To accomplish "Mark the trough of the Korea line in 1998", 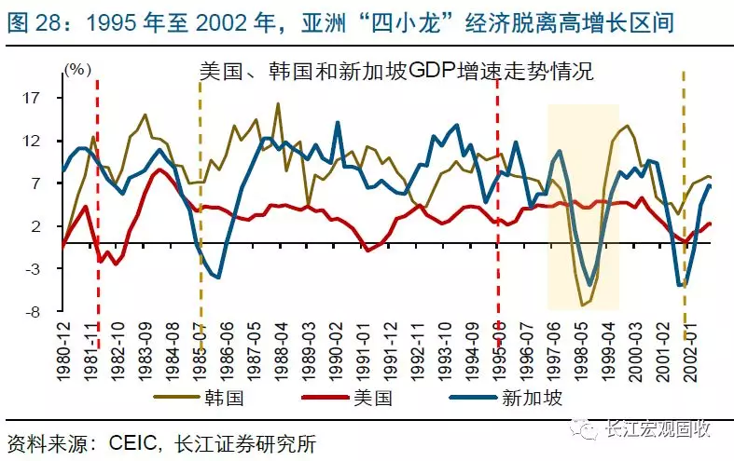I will (582, 305).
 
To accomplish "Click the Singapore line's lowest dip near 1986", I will (217, 277).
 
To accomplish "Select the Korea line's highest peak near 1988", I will (277, 103).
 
